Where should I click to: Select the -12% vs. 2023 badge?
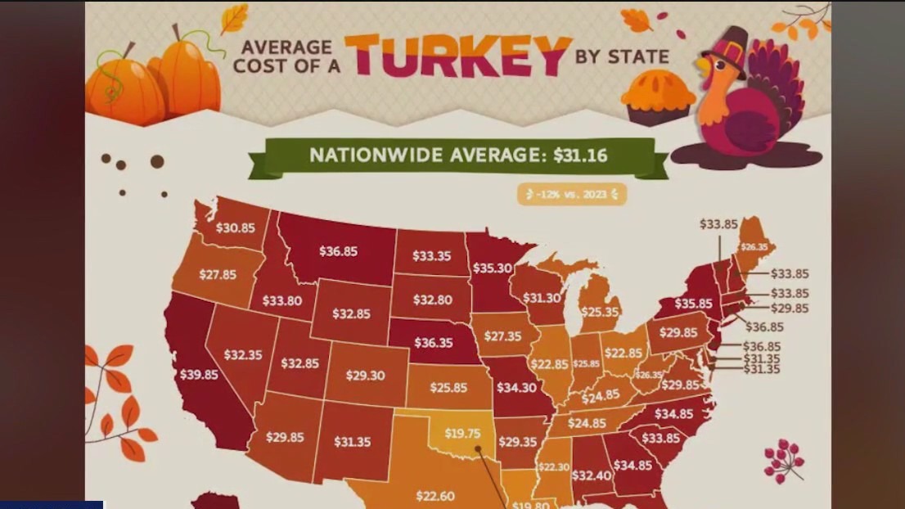coord(572,195)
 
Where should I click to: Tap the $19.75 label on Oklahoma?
coord(462,434)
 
